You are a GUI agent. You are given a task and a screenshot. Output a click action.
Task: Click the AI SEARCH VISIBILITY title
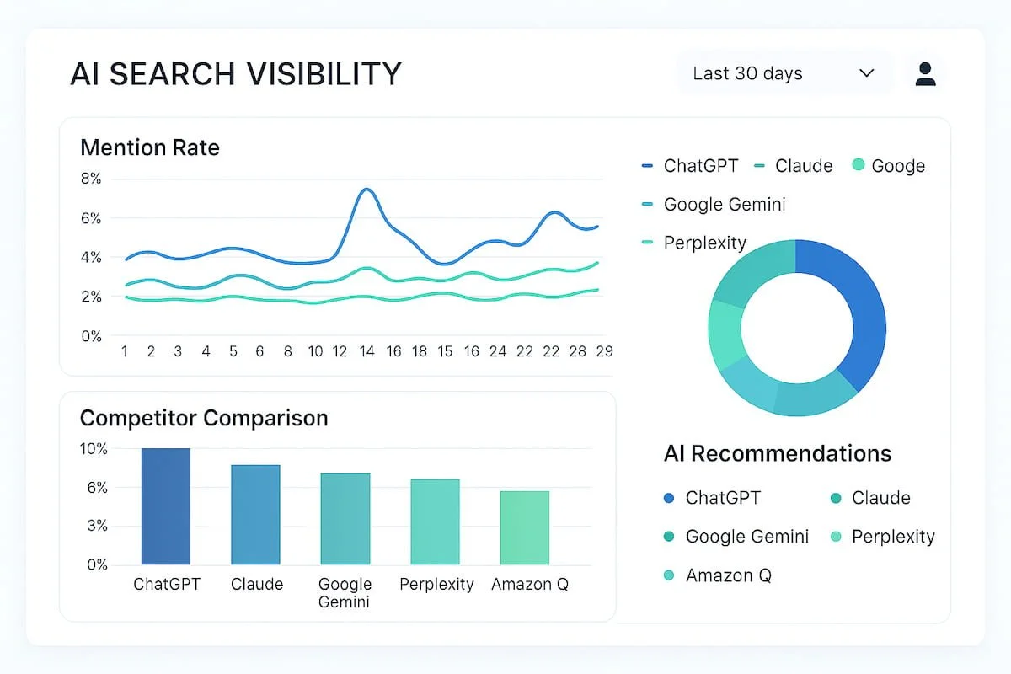pos(236,74)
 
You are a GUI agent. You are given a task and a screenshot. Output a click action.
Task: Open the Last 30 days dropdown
pos(784,73)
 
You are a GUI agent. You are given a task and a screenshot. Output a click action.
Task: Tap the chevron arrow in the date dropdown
pos(866,73)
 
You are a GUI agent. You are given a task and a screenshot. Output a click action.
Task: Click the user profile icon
pos(925,73)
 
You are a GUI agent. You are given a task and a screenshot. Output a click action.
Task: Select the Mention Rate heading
pos(149,147)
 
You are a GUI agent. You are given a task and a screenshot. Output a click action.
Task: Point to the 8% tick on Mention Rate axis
pos(91,179)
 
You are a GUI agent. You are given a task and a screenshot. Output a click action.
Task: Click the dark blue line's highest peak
pos(366,190)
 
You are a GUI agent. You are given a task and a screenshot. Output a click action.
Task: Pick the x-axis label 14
pos(366,351)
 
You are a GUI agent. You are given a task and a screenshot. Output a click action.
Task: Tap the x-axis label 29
pos(603,351)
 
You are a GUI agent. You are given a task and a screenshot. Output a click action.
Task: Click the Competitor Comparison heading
pos(203,418)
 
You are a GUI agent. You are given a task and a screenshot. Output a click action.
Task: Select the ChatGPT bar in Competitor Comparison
pos(166,506)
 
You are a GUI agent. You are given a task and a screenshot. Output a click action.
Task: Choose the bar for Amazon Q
pos(524,527)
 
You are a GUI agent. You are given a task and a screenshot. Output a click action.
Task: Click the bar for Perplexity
pos(435,522)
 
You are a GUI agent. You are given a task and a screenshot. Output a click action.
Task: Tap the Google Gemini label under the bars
pos(345,592)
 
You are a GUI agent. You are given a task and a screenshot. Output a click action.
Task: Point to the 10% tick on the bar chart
pos(94,449)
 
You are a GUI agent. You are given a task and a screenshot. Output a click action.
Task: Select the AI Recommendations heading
pos(777,453)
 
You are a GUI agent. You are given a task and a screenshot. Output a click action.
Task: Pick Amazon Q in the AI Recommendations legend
pos(728,575)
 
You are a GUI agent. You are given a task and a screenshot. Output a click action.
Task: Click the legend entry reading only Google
pos(897,166)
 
